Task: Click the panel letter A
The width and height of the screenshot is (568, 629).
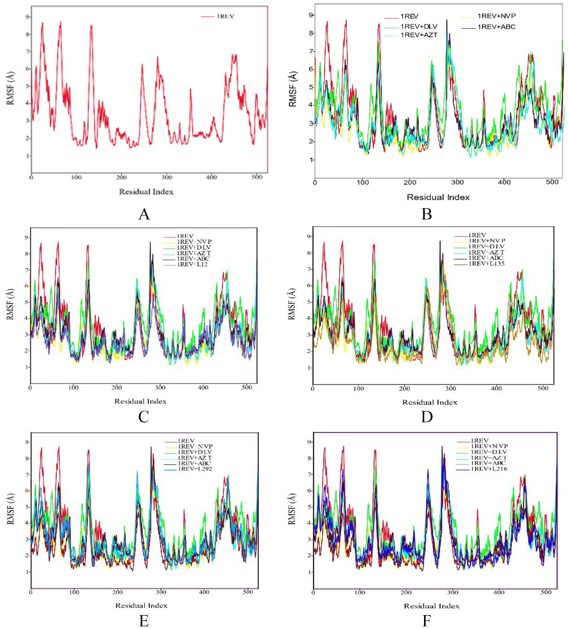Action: pyautogui.click(x=144, y=214)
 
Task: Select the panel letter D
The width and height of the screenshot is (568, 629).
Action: pyautogui.click(x=427, y=416)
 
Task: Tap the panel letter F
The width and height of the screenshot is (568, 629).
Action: pyautogui.click(x=426, y=621)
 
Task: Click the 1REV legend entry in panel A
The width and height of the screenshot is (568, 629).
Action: pyautogui.click(x=225, y=16)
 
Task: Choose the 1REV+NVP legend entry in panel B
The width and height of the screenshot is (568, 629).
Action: pyautogui.click(x=496, y=16)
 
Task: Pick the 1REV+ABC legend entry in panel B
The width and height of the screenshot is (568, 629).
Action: pyautogui.click(x=496, y=27)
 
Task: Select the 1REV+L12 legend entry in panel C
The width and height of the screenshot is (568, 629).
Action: pyautogui.click(x=192, y=264)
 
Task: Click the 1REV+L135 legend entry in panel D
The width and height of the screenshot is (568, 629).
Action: pyautogui.click(x=487, y=263)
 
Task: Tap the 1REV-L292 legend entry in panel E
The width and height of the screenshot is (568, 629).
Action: pyautogui.click(x=195, y=469)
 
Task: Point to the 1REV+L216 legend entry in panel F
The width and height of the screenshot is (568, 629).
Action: pyautogui.click(x=489, y=469)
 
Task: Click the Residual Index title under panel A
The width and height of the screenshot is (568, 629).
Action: pyautogui.click(x=146, y=192)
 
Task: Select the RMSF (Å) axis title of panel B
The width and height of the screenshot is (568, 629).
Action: pyautogui.click(x=293, y=89)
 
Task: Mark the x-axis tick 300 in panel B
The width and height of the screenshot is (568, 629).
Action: pyautogui.click(x=457, y=182)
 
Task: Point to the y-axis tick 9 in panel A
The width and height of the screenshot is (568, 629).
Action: pyautogui.click(x=28, y=17)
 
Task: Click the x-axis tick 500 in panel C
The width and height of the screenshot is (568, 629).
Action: pyautogui.click(x=247, y=388)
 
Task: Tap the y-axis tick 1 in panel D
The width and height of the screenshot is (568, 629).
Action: pyautogui.click(x=309, y=368)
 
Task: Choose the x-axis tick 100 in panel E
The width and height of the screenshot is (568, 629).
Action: pyautogui.click(x=74, y=592)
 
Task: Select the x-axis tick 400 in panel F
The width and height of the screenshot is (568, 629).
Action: pyautogui.click(x=499, y=592)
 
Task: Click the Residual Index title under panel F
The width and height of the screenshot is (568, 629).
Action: pyautogui.click(x=432, y=606)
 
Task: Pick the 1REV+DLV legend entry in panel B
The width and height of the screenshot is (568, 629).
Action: pyautogui.click(x=419, y=26)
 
